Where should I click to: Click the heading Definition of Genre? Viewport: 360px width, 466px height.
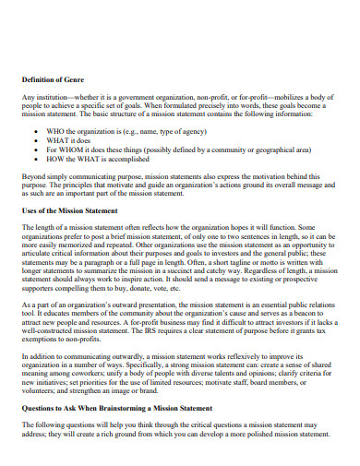[x=57, y=81]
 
